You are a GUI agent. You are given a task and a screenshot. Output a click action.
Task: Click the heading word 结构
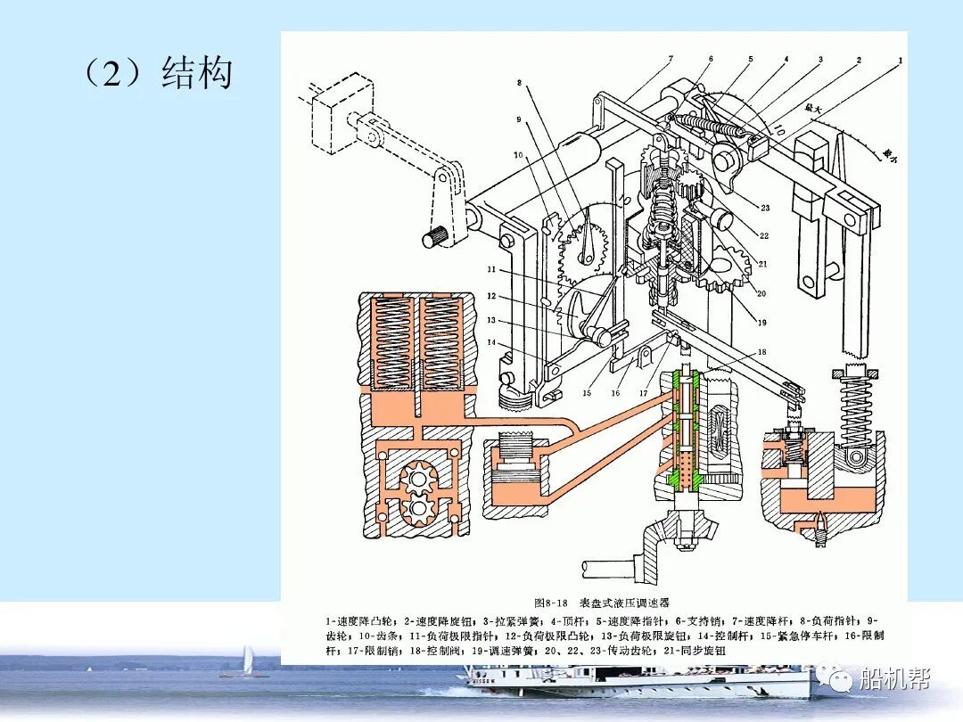pos(196,73)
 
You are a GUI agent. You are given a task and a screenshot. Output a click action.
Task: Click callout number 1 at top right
pos(901,59)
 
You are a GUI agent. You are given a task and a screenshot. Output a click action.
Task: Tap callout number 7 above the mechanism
pos(670,60)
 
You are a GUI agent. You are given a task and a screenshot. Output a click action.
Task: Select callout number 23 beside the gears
pos(765,208)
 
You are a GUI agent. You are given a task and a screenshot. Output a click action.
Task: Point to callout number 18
pos(761,352)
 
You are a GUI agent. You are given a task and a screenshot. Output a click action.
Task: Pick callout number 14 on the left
pos(490,342)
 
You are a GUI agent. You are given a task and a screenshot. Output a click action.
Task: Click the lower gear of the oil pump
pos(416,510)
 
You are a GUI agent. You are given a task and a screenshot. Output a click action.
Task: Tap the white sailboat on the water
pos(248,661)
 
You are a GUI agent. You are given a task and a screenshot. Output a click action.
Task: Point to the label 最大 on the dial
pos(813,108)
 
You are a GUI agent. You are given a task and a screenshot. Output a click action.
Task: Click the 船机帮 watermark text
pos(893,680)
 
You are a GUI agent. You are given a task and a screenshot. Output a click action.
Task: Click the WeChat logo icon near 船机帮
pos(841,681)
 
